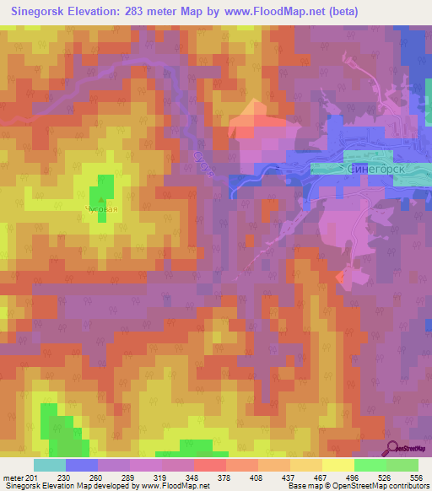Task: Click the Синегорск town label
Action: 376,169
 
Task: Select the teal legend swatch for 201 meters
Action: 50,465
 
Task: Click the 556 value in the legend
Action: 415,478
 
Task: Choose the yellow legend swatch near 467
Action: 305,465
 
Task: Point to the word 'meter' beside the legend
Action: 15,478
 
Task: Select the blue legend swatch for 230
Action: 82,465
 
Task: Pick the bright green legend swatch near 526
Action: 370,465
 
